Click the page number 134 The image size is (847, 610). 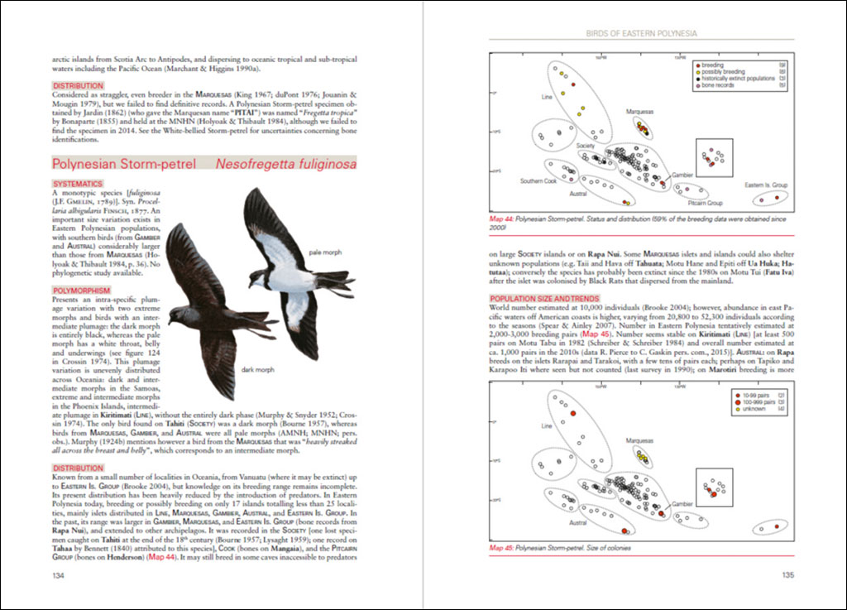[58, 575]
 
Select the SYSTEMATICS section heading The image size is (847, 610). [78, 183]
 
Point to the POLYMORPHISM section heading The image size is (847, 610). [81, 269]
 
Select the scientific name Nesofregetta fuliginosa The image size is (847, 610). [286, 164]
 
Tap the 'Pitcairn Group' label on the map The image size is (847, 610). [705, 203]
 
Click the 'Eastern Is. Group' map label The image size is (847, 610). [765, 185]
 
